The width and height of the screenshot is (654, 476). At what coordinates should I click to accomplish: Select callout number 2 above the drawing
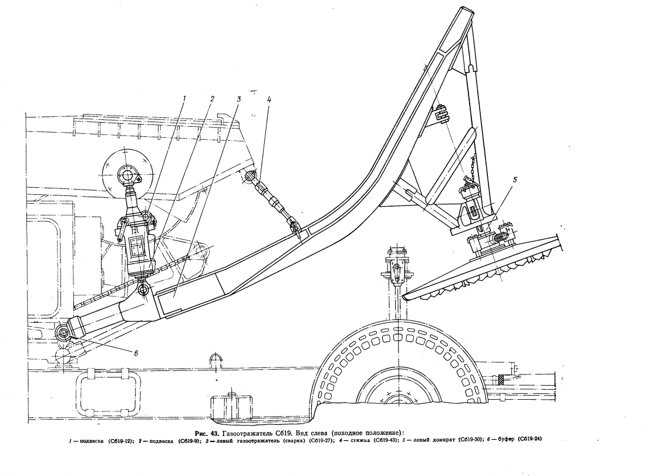212,99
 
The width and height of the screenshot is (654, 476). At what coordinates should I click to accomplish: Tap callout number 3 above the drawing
239,99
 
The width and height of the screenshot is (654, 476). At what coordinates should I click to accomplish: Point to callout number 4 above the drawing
269,99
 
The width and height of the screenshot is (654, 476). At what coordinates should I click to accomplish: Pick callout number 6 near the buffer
136,353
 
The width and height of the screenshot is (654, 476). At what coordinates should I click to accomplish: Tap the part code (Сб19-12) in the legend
121,440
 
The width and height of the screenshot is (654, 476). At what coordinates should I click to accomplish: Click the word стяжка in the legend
359,440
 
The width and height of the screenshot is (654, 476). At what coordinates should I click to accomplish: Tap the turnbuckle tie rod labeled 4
273,200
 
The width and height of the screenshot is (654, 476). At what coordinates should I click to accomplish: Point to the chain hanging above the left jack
472,167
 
